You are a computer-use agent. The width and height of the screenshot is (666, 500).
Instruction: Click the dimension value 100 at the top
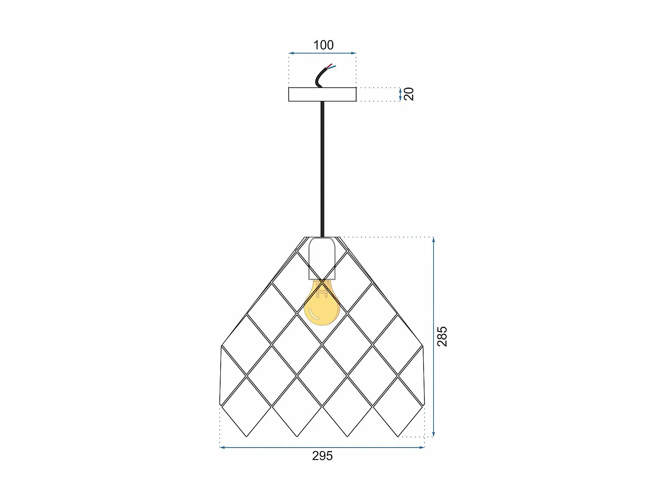[x=323, y=45]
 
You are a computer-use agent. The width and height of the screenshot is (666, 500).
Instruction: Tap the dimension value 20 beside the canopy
[x=409, y=94]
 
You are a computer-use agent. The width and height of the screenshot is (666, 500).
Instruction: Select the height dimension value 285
[x=442, y=336]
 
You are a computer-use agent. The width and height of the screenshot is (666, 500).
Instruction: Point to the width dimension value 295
[x=322, y=456]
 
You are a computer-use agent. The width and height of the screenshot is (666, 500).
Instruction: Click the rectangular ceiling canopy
[x=322, y=94]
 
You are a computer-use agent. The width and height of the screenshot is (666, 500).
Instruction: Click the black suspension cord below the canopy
[x=322, y=169]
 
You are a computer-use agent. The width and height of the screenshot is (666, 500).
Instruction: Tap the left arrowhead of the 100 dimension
[x=290, y=53]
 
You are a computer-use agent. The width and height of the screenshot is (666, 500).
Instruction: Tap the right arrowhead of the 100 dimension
[x=354, y=53]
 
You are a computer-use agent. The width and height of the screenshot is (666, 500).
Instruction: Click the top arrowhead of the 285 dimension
[x=433, y=240]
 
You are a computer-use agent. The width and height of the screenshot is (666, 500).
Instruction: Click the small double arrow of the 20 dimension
[x=400, y=94]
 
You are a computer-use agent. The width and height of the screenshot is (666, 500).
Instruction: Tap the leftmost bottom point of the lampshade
[x=246, y=436]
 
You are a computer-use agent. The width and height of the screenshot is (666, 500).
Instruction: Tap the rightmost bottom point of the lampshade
[x=398, y=436]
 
